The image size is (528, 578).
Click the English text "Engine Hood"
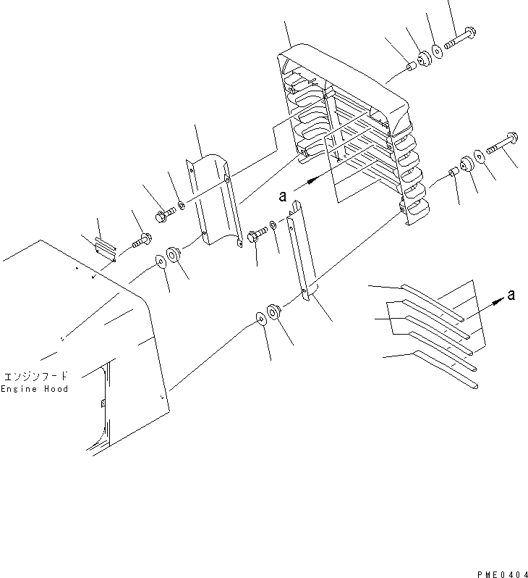34,389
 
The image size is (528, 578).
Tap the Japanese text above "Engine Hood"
35,376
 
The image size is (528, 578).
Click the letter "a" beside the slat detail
511,294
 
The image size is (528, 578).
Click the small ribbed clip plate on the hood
106,248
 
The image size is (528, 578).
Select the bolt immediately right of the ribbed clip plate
140,240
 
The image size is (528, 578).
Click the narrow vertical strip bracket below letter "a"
300,253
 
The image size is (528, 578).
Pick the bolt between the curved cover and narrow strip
256,235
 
